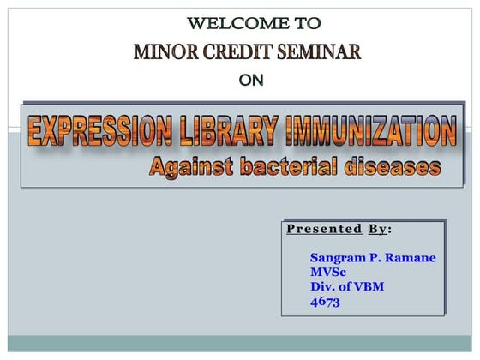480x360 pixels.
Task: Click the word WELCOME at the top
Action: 225,22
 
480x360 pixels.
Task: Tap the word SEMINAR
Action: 318,52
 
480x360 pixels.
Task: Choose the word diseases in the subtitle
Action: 394,167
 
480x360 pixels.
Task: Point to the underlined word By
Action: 377,229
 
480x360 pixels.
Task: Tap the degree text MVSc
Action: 328,272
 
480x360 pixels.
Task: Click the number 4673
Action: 326,301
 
